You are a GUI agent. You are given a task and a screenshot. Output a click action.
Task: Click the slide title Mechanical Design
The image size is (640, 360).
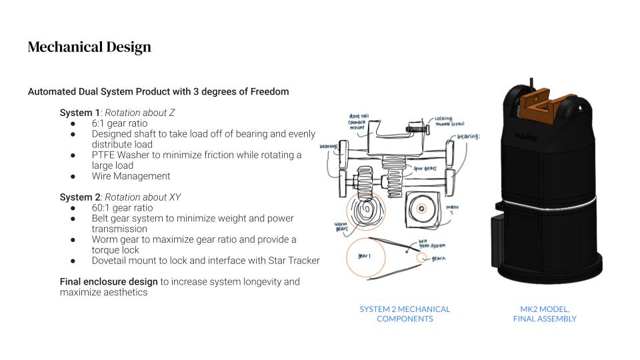[89, 47]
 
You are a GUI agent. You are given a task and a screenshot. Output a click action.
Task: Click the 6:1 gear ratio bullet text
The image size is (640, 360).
[120, 123]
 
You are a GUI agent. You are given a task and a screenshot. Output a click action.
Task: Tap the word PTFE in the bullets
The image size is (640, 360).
[104, 155]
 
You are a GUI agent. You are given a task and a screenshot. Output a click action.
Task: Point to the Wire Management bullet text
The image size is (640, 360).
[131, 177]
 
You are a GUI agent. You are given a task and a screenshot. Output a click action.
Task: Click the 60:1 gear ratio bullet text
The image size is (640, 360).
[122, 208]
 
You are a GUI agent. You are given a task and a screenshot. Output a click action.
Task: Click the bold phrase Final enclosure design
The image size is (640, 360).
[109, 282]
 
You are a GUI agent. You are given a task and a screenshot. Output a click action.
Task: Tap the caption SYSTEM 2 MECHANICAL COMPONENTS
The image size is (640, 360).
[405, 314]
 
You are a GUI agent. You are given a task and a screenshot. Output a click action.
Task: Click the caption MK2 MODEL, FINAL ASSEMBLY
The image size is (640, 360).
[545, 314]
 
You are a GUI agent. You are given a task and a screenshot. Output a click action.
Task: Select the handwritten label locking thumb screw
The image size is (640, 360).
[449, 122]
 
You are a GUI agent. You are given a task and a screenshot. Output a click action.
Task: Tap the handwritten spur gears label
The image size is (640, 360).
[424, 169]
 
